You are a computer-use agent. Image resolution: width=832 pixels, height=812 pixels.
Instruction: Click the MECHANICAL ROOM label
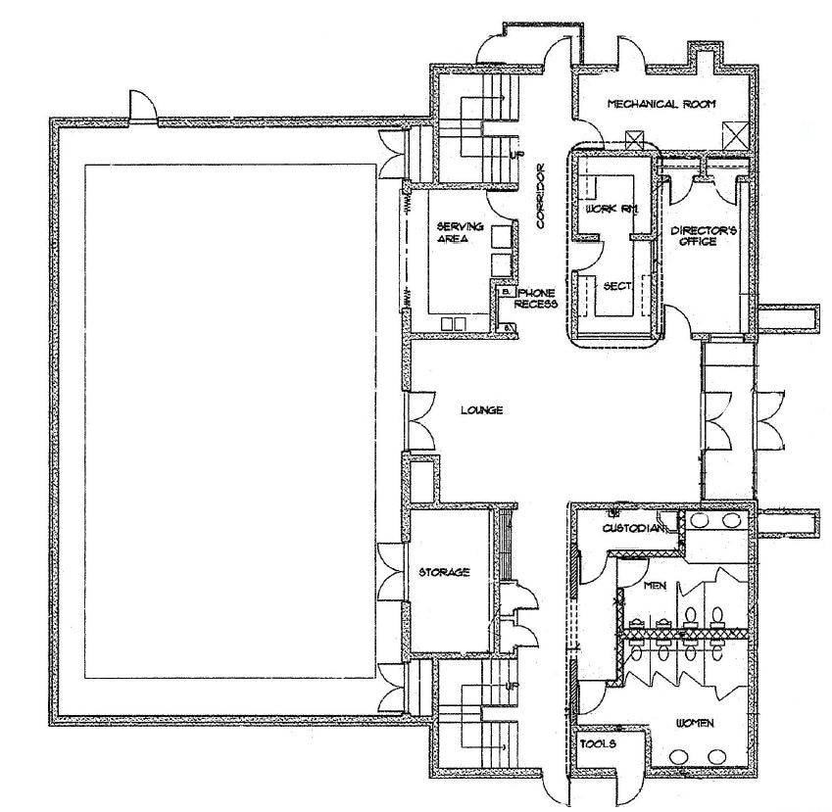(x=661, y=104)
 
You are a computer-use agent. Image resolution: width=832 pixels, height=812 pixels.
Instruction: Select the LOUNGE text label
(x=482, y=411)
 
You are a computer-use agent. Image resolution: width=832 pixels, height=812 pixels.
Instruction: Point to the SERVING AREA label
(x=454, y=232)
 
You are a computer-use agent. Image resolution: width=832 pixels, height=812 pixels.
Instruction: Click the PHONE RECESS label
(x=536, y=298)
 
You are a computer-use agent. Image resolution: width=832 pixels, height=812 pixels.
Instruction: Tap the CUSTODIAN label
(x=634, y=530)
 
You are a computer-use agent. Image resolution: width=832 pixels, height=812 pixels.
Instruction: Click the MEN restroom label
(x=656, y=586)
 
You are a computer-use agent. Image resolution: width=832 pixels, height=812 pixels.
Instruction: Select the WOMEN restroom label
(x=694, y=723)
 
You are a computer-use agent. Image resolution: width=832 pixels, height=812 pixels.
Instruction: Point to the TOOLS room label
(x=598, y=744)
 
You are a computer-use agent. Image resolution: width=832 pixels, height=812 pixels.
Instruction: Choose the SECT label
(x=615, y=285)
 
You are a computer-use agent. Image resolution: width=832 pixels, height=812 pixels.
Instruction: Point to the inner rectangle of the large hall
(x=230, y=421)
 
